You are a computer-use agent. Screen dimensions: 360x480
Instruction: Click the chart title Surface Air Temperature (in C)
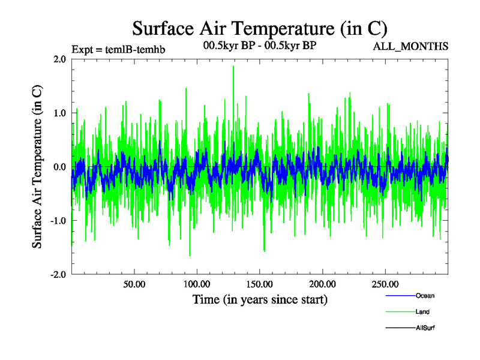(x=260, y=28)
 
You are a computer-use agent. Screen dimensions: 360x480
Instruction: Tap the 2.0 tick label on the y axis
(x=59, y=59)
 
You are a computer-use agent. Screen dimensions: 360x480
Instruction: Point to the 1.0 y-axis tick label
(x=59, y=113)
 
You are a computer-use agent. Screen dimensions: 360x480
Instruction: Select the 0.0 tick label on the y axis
(x=59, y=167)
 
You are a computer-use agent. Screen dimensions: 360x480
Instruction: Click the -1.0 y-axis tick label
(x=58, y=221)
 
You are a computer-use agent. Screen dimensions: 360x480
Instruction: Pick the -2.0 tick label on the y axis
(x=58, y=274)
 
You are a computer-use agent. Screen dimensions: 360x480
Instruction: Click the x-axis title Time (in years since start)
(x=260, y=299)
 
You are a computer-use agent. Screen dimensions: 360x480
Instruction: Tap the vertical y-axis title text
(x=37, y=167)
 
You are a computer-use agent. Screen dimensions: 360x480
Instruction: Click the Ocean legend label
(x=425, y=296)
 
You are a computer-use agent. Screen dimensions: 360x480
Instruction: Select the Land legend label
(x=422, y=312)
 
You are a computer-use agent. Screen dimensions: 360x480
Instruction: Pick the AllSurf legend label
(x=426, y=328)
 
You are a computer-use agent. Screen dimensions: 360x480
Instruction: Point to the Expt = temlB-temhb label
(x=118, y=49)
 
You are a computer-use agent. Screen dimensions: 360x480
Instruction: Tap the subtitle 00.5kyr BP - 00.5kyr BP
(x=260, y=46)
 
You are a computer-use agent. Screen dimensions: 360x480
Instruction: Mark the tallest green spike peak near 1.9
(x=233, y=66)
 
